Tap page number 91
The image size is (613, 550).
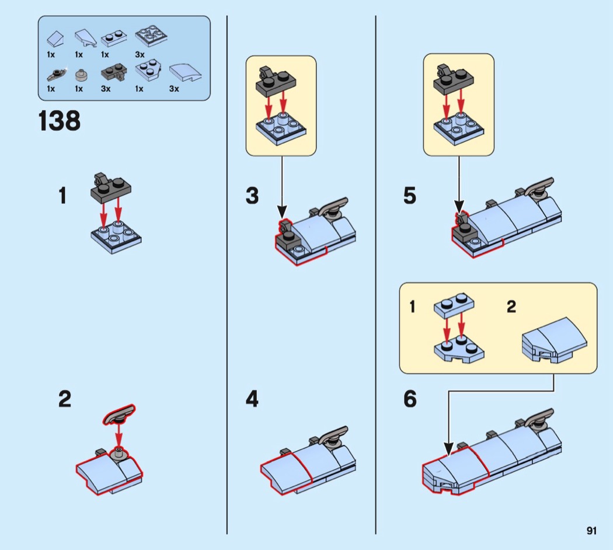click(x=591, y=531)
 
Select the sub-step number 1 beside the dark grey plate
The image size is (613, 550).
click(x=62, y=196)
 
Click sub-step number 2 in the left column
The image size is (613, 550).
click(x=65, y=399)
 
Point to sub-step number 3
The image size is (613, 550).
click(x=252, y=196)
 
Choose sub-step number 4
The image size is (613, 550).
click(x=252, y=399)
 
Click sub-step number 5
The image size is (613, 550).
click(x=410, y=196)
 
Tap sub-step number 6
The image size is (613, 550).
click(x=410, y=399)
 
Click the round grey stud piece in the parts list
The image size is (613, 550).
click(x=81, y=75)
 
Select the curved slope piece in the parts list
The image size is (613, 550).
click(x=185, y=73)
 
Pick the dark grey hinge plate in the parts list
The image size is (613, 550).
click(x=114, y=73)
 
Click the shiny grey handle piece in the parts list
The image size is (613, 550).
click(x=57, y=74)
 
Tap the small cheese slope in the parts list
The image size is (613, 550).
click(x=55, y=39)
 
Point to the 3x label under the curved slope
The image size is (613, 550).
click(x=174, y=89)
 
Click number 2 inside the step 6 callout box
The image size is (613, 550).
click(x=511, y=307)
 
